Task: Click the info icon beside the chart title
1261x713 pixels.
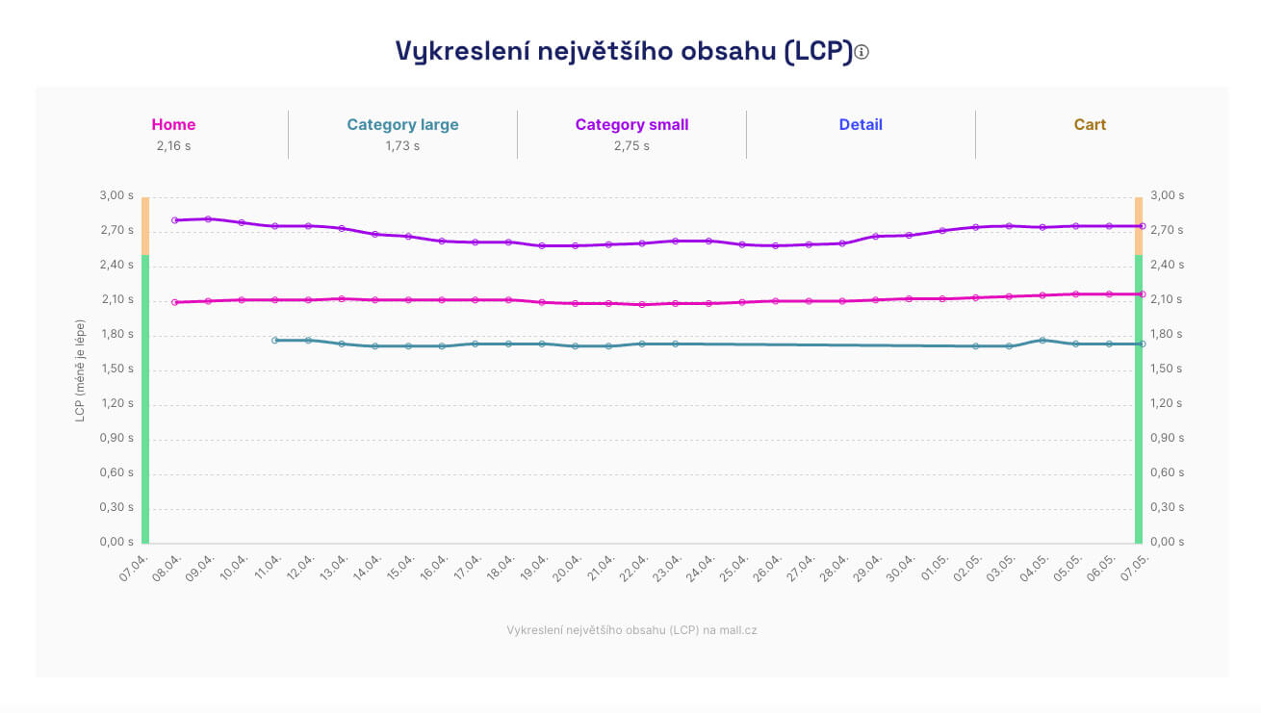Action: coord(862,52)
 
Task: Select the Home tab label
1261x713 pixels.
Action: coord(173,125)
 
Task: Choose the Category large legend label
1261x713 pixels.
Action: coord(402,125)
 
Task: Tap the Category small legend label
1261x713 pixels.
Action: coord(631,125)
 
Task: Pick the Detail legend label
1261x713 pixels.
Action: coord(861,125)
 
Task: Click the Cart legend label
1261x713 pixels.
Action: coord(1090,125)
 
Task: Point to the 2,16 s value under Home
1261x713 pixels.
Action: coord(173,146)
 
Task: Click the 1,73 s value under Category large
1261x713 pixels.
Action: coord(402,146)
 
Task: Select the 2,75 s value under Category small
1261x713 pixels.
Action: coord(631,146)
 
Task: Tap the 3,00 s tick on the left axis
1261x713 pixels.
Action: coord(117,195)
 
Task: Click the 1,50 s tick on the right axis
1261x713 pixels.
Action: coord(1167,369)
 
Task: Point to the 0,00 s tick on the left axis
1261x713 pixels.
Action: coord(117,542)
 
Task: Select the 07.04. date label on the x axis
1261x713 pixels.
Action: coord(135,567)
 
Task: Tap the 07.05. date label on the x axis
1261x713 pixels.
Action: coord(1136,567)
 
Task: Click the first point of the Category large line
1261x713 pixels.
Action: coord(274,341)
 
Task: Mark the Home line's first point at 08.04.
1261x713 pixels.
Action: coord(174,302)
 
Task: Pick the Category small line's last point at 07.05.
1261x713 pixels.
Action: coord(1142,226)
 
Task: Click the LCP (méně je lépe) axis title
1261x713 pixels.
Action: coord(80,370)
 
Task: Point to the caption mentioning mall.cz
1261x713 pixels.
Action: coord(631,630)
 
